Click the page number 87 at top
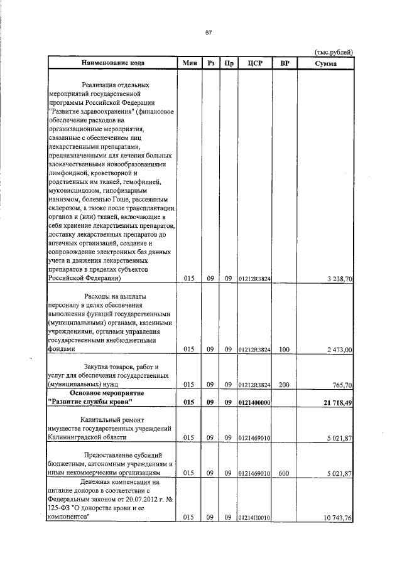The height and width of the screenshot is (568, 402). click(x=209, y=32)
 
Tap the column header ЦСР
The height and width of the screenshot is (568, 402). click(x=254, y=63)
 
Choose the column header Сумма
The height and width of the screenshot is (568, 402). click(x=325, y=63)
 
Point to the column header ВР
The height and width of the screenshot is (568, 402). click(x=285, y=63)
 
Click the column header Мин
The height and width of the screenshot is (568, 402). click(x=189, y=63)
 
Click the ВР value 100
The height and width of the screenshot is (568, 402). click(x=285, y=349)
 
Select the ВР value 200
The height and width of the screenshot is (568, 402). click(x=285, y=385)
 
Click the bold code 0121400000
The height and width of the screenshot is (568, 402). click(x=254, y=402)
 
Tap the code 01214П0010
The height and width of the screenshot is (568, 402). click(x=254, y=518)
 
